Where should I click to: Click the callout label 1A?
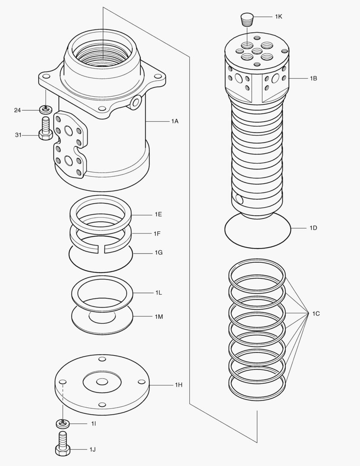(175, 121)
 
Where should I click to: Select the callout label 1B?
(313, 79)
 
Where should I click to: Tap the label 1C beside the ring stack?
(316, 314)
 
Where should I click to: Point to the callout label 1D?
(313, 228)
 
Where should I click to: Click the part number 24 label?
(17, 110)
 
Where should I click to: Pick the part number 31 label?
(18, 135)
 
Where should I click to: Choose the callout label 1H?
(178, 384)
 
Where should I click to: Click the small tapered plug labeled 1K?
(247, 19)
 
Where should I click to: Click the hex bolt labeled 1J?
(63, 444)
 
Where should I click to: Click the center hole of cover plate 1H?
(102, 382)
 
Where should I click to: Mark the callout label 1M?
(159, 317)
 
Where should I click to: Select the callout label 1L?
(159, 293)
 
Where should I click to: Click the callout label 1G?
(159, 252)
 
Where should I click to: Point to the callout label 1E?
(159, 214)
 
